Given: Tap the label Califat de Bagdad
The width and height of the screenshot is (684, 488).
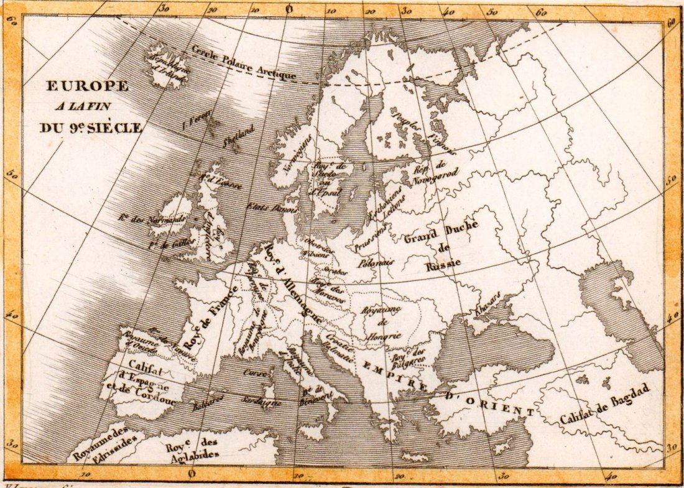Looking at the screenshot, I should pos(604,405).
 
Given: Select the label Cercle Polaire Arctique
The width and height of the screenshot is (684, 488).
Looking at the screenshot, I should pos(243,63).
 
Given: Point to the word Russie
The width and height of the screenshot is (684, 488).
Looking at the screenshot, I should pos(443,265).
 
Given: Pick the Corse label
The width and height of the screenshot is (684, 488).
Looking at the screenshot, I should pos(251,373).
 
